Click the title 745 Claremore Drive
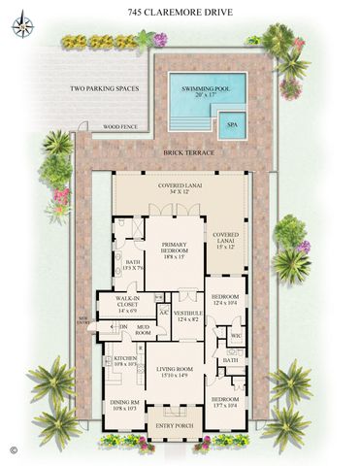tap(180, 14)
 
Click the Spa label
tap(233, 125)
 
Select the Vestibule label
tap(187, 316)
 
